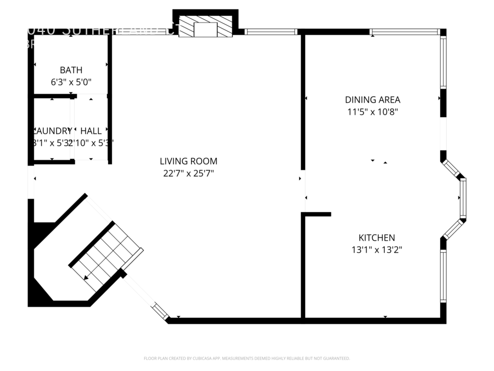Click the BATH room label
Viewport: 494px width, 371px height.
pyautogui.click(x=71, y=70)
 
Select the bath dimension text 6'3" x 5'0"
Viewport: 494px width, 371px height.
pyautogui.click(x=71, y=82)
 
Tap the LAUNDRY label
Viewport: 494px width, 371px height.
pyautogui.click(x=53, y=131)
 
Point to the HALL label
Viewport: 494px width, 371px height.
pyautogui.click(x=91, y=131)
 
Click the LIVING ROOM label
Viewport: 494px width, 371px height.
pyautogui.click(x=188, y=161)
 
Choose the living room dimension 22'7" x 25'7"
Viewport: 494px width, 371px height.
pyautogui.click(x=188, y=174)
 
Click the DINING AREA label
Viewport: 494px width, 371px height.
pyautogui.click(x=372, y=99)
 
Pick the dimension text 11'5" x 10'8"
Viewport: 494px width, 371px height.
pyautogui.click(x=372, y=112)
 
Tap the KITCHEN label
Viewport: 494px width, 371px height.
pyautogui.click(x=377, y=237)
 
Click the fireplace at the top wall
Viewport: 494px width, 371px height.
pyautogui.click(x=206, y=27)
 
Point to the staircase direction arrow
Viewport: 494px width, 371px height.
pyautogui.click(x=86, y=277)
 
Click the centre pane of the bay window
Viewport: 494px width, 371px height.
pyautogui.click(x=463, y=198)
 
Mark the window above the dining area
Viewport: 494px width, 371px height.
pyautogui.click(x=405, y=32)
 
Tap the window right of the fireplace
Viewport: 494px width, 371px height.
pyautogui.click(x=271, y=32)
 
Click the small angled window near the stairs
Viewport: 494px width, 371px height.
pyautogui.click(x=160, y=311)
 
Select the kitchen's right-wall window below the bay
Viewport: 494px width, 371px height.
pyautogui.click(x=443, y=275)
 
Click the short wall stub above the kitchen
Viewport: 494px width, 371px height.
pyautogui.click(x=317, y=214)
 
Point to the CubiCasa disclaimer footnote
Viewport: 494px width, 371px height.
pyautogui.click(x=246, y=358)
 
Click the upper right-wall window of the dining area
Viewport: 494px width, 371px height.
pyautogui.click(x=443, y=62)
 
